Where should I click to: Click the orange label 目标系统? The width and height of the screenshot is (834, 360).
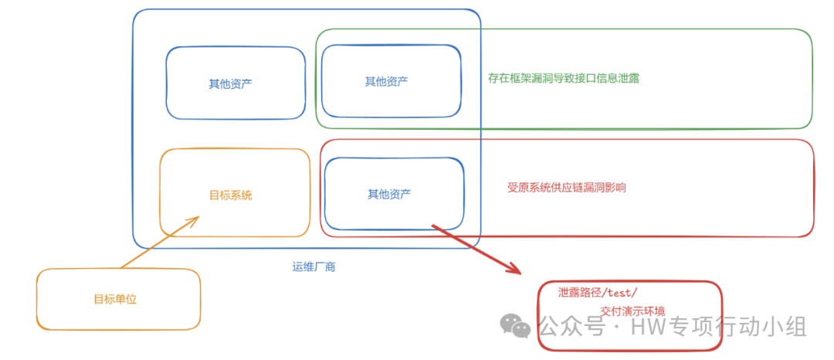(x=230, y=195)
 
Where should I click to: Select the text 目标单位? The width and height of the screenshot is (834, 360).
(x=115, y=299)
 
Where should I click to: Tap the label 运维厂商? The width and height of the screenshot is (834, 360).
(x=314, y=267)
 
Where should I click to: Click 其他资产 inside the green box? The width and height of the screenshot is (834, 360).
(x=387, y=81)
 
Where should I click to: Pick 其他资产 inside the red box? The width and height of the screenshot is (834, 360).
(x=389, y=194)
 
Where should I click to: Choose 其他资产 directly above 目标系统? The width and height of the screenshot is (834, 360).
(x=230, y=84)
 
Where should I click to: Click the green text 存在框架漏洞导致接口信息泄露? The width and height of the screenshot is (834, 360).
(x=564, y=78)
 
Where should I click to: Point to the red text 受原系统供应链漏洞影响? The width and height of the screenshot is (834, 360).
(x=566, y=188)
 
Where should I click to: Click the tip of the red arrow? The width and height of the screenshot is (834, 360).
(x=520, y=273)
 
